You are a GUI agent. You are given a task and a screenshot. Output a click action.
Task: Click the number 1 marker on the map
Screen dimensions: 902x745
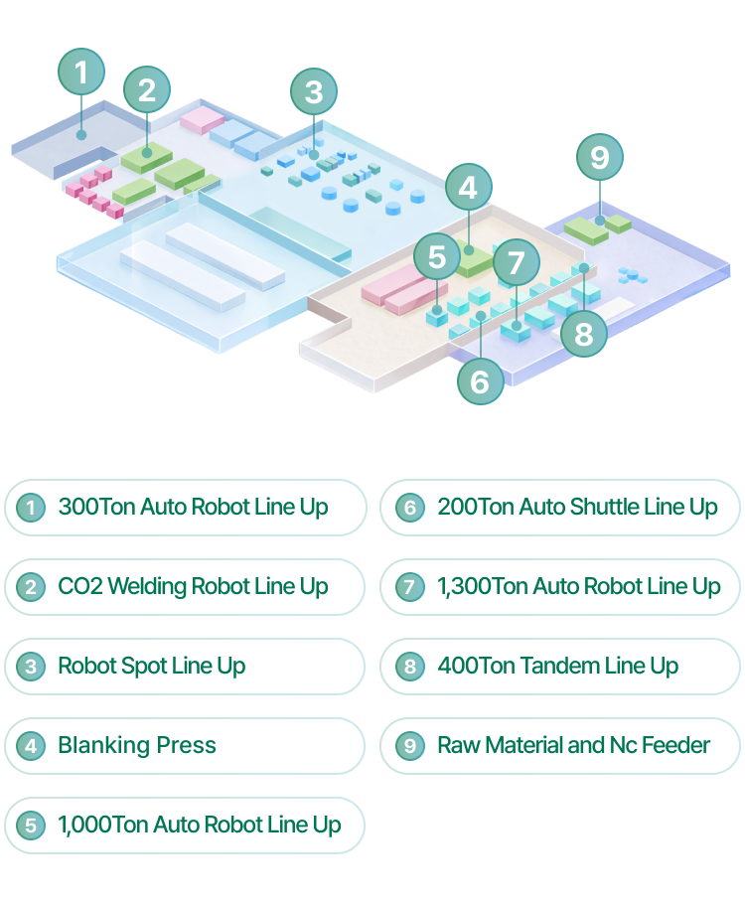81,72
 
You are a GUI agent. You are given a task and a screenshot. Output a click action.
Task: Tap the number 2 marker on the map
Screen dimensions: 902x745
147,90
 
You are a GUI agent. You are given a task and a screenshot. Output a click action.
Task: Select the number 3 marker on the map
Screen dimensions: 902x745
314,92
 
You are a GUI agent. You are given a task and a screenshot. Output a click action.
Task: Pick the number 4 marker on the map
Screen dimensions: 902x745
468,187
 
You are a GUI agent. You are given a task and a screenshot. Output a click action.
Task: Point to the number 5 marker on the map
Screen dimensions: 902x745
437,257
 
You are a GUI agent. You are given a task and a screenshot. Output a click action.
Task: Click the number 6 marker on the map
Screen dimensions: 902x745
480,380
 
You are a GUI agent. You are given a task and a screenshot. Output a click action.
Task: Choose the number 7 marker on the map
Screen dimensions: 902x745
516,263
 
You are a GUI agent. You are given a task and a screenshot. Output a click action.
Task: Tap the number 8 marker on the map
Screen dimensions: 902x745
584,334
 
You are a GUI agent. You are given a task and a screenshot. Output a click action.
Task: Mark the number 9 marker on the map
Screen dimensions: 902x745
599,157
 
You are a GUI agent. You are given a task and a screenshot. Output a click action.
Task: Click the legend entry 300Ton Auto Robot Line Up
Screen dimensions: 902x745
186,508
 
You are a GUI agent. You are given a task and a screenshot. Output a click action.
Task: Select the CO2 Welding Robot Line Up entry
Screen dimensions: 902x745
186,587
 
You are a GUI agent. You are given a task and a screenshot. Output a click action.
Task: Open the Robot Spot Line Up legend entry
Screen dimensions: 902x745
186,667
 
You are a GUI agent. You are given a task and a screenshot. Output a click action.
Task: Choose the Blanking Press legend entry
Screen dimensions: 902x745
186,746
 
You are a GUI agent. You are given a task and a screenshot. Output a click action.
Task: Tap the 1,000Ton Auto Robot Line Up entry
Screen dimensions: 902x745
186,826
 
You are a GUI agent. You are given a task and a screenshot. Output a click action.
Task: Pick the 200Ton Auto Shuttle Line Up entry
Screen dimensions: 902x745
560,508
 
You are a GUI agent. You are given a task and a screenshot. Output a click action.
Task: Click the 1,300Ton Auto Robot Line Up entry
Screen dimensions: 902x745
560,587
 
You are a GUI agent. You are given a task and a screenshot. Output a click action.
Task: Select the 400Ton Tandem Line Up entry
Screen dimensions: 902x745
560,667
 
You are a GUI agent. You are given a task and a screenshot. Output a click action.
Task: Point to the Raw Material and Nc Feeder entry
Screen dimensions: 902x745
560,746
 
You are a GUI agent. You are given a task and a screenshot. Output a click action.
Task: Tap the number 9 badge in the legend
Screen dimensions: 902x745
409,746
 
